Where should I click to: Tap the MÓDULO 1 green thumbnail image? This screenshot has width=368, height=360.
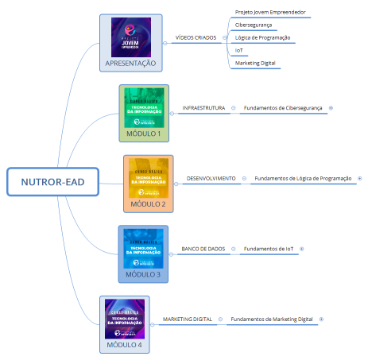click(x=144, y=107)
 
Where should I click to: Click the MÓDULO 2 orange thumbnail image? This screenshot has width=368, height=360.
click(x=148, y=179)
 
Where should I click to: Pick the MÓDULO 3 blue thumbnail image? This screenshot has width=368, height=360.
click(x=142, y=249)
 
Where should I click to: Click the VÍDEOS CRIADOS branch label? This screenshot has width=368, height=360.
click(x=196, y=37)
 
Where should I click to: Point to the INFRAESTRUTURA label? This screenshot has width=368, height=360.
click(x=203, y=107)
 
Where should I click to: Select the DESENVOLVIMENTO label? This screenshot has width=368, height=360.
click(x=211, y=179)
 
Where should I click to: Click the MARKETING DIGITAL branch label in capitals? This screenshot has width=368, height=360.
click(x=188, y=319)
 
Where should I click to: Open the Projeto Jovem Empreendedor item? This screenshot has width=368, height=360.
click(x=270, y=13)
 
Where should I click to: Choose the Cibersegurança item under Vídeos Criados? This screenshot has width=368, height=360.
click(x=254, y=25)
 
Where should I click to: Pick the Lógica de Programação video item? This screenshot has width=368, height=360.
click(x=262, y=37)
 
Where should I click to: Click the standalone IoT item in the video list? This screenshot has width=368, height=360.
click(x=239, y=50)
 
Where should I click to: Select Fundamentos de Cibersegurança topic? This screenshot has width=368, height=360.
click(x=283, y=107)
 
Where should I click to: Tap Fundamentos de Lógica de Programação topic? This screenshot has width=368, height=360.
click(x=302, y=179)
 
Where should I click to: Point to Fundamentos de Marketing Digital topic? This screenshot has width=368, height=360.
click(x=271, y=319)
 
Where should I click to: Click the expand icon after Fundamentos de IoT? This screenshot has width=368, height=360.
click(x=301, y=249)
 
